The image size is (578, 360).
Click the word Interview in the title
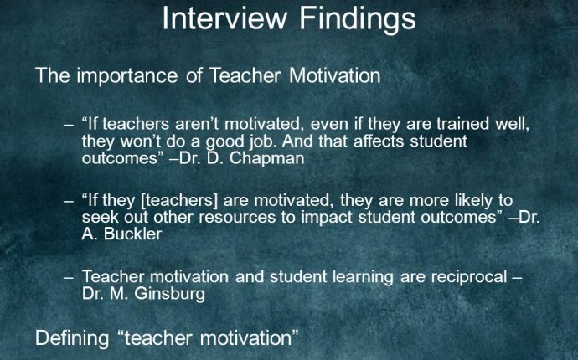point(224,18)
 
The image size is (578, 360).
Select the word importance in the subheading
point(127,76)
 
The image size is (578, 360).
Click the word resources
point(237,217)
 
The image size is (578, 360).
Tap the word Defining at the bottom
point(72,338)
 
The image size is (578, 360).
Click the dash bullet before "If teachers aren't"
point(69,125)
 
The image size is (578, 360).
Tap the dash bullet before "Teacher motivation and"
point(69,278)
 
